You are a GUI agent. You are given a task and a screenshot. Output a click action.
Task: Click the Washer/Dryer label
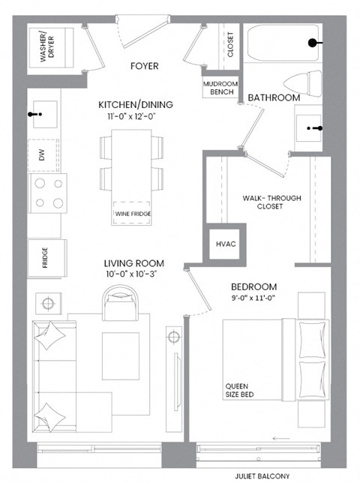point(46,46)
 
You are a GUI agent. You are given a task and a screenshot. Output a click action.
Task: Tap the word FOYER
point(143,66)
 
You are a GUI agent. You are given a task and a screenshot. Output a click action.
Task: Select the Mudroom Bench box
point(219,88)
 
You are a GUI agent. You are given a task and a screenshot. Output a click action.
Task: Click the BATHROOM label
point(274,98)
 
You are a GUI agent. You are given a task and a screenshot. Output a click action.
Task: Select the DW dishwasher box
point(43,155)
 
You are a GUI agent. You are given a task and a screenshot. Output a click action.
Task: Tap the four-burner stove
point(47,193)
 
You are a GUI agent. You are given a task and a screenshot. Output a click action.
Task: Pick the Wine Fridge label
point(133,214)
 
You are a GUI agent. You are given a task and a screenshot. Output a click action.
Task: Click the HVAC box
point(226,244)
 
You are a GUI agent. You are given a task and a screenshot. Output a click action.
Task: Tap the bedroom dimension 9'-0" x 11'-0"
point(253,298)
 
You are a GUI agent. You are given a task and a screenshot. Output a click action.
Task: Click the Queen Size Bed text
point(241,392)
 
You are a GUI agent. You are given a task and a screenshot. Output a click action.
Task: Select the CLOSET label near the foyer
point(230,46)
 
